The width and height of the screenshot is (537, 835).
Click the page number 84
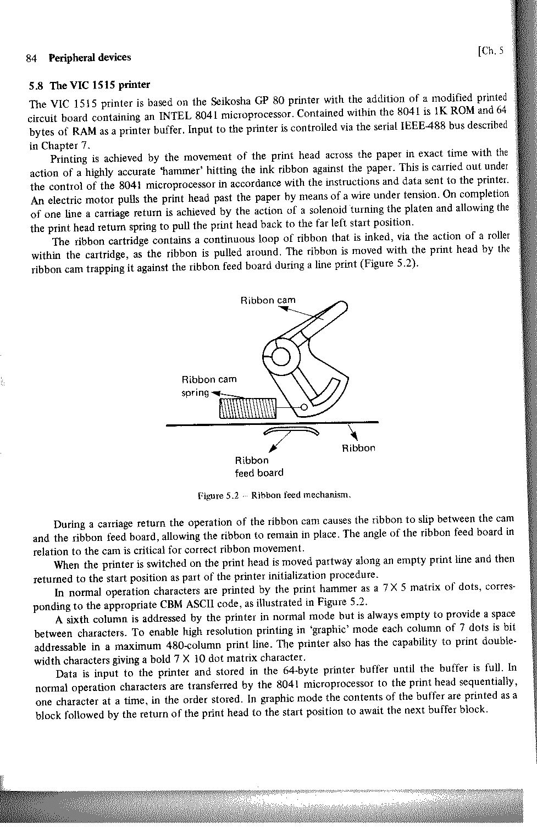[x=31, y=58]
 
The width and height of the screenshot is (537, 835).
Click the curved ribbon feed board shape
[x=291, y=431]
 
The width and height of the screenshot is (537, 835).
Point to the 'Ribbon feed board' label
[x=258, y=467]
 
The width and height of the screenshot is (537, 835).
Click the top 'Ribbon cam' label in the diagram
[x=268, y=316]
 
